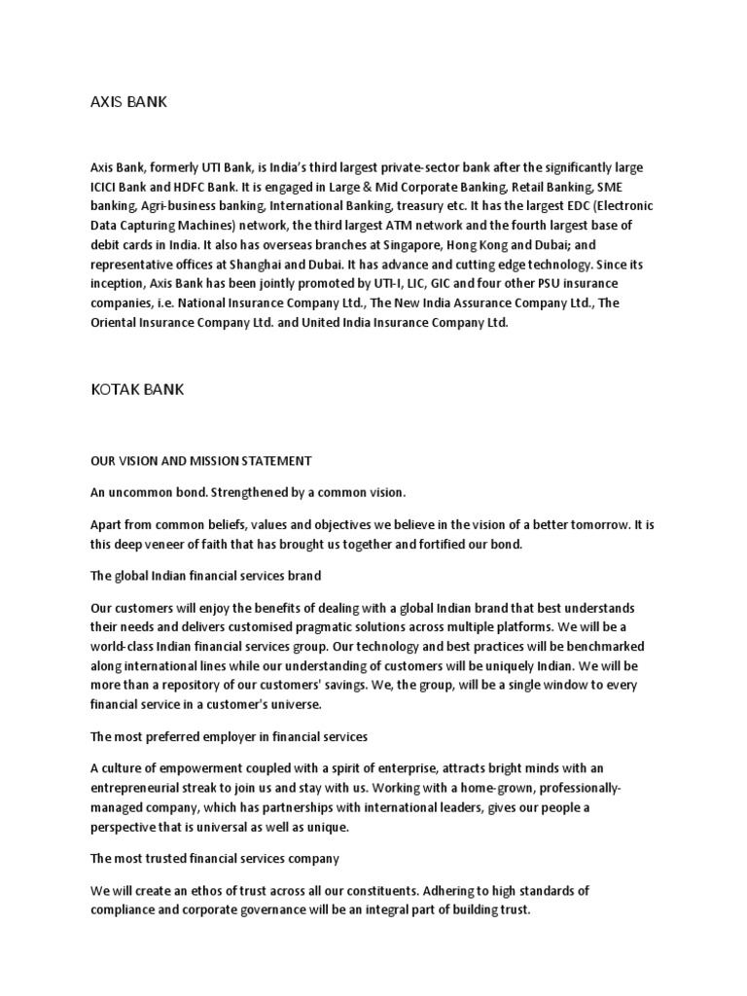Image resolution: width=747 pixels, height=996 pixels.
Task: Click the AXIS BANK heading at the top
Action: (x=128, y=100)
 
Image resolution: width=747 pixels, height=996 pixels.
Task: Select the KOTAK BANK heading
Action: (x=136, y=389)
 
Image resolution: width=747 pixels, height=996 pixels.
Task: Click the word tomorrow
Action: (x=596, y=525)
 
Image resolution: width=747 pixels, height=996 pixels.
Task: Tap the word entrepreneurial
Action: (x=140, y=788)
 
